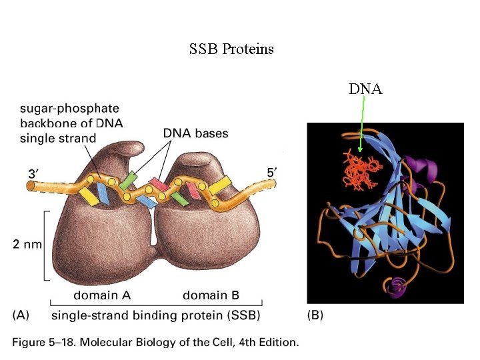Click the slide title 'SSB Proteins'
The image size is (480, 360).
point(231,49)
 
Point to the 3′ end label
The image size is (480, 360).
point(35,173)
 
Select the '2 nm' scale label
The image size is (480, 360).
point(28,245)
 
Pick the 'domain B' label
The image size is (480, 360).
point(211,295)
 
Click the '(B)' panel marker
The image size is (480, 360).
point(315,315)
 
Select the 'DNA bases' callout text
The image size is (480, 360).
point(195,133)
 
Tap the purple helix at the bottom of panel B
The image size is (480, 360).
point(396,287)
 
